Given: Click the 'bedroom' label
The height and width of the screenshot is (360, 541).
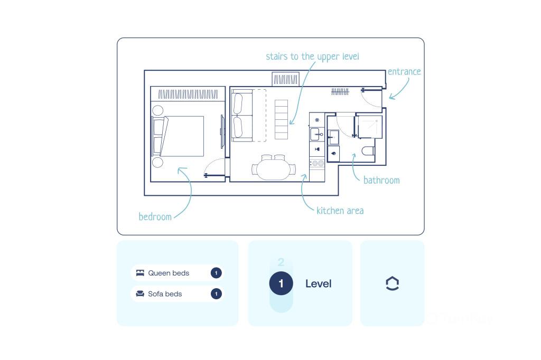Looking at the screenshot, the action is coord(155,216).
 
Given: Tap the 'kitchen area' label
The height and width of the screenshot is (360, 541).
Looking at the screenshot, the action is coord(340,211).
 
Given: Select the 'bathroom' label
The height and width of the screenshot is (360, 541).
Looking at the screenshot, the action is coord(381,180).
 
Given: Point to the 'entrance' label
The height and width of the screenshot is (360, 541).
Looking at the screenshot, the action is coord(404,71).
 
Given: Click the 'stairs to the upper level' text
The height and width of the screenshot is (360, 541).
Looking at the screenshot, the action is coord(312,56).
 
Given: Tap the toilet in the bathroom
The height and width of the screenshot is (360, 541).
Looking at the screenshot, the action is coord(368,150).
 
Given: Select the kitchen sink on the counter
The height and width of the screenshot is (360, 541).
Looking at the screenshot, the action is coord(317,134).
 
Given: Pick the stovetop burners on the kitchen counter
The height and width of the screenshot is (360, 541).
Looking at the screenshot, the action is coord(317,164).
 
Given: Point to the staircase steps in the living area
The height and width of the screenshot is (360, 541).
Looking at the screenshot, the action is coord(281,119).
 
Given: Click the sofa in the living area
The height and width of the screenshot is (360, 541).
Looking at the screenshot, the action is coord(242,115).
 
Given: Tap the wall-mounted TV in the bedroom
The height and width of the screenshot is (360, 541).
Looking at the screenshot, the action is coord(222,132).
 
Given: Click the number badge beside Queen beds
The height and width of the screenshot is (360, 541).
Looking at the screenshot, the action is coord(216,273).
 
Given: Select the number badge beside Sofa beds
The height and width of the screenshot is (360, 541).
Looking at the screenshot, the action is coord(216,294).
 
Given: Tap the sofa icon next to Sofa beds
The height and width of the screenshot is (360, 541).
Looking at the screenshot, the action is coord(140,294).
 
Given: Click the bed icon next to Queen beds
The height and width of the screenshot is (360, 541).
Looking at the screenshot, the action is coord(140,273).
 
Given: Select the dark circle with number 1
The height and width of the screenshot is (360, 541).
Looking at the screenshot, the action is coord(281,283).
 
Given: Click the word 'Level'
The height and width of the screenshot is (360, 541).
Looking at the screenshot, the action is coord(319,283).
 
